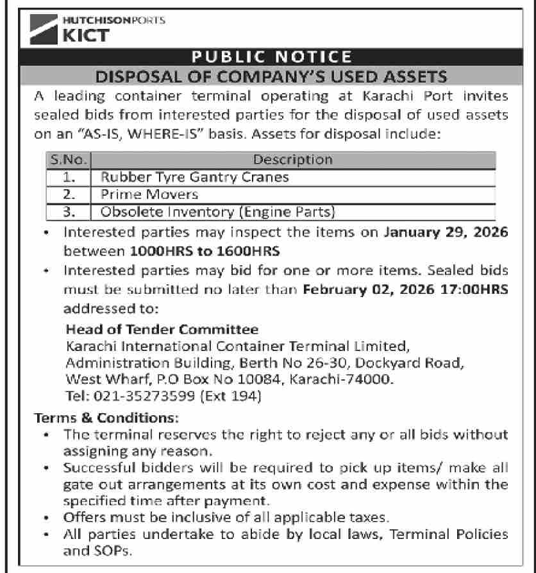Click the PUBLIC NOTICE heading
(x=268, y=56)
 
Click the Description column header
(x=293, y=159)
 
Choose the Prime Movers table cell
(x=149, y=194)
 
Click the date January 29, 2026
(x=446, y=233)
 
